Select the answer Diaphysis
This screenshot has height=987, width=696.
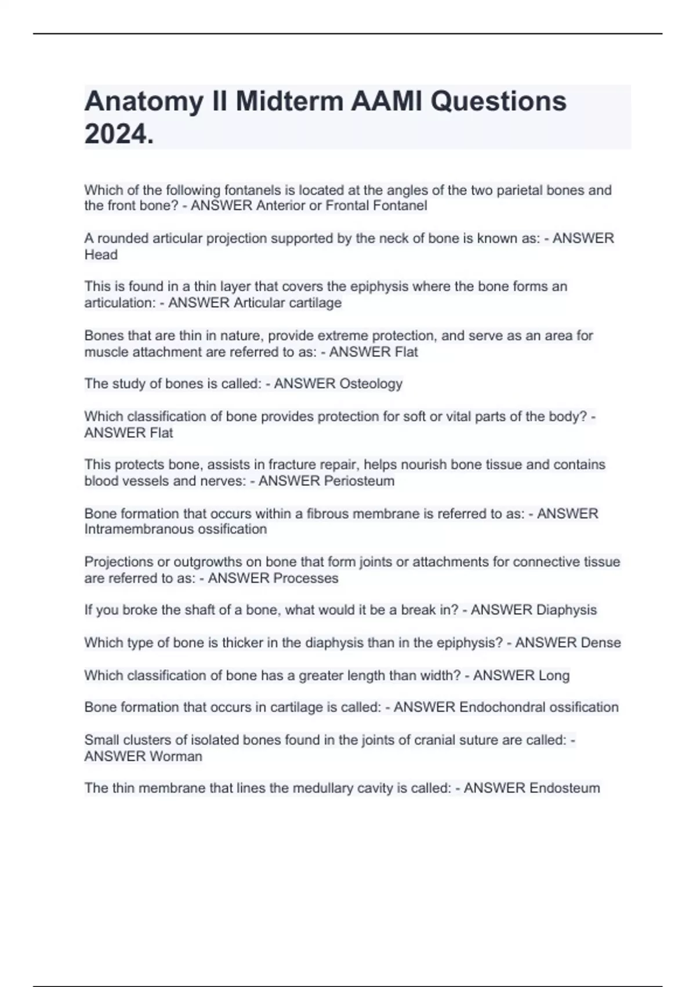coord(566,610)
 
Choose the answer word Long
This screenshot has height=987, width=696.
coord(554,675)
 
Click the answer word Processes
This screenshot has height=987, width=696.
coord(306,578)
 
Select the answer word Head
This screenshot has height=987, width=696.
coord(101,255)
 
